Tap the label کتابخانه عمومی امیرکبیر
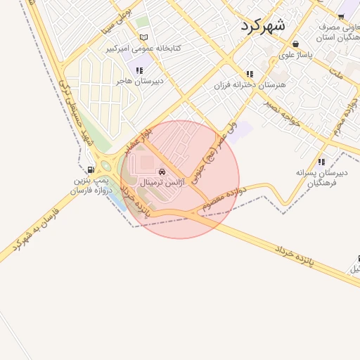(x=144, y=49)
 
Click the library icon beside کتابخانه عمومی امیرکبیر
(x=144, y=37)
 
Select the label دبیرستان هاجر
(x=139, y=81)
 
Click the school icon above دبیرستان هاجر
(x=139, y=70)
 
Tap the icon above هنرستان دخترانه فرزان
(x=249, y=74)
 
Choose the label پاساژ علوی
(x=295, y=54)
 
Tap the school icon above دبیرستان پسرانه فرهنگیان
(x=321, y=161)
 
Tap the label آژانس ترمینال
(x=162, y=182)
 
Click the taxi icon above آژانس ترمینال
(x=162, y=171)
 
